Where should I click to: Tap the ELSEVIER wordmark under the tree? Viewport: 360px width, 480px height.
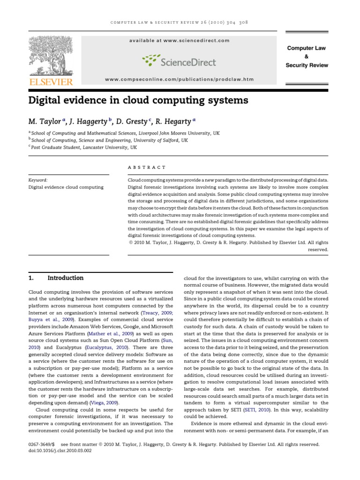coord(51,82)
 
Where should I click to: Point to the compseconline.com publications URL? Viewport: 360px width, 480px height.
coord(179,79)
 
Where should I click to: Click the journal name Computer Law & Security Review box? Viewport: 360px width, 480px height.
coord(307,57)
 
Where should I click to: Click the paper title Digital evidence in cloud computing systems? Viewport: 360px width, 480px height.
coord(138,100)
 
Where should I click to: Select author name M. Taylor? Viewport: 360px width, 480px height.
coord(45,121)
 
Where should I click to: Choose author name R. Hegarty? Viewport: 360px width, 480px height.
coord(172,121)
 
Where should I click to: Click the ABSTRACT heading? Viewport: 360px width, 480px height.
coord(147,167)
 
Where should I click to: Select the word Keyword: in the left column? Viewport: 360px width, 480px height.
coord(38,180)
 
